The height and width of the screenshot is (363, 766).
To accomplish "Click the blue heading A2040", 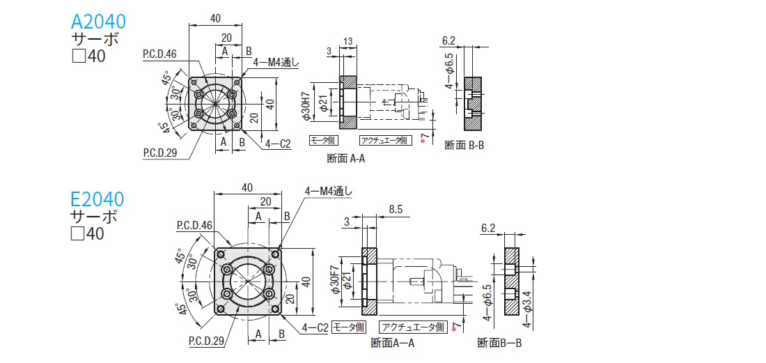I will tap(97, 21).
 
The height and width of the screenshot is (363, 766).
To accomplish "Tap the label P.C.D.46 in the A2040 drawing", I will tap(159, 53).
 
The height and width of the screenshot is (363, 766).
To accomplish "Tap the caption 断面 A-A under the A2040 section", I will tap(346, 158).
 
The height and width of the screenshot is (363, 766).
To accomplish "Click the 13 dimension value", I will tap(348, 41).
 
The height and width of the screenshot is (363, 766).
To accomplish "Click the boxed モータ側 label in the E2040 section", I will tap(347, 327).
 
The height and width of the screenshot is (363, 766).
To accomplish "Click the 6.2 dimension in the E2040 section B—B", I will tap(488, 228).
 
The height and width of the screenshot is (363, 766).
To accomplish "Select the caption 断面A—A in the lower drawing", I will tap(393, 343).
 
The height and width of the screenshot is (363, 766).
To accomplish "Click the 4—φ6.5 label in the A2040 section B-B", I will tap(450, 74).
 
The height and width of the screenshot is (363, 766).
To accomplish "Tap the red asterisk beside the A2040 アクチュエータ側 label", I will tap(422, 141).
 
